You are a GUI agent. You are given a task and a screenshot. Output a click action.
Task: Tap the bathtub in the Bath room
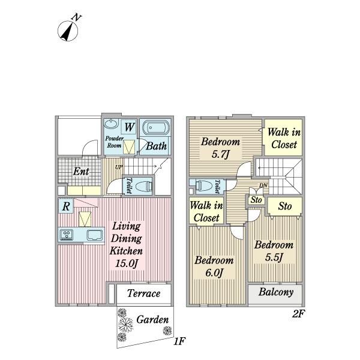[156, 128]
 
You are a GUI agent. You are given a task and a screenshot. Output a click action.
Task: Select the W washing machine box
[129, 127]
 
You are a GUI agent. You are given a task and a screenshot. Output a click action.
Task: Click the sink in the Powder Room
[112, 124]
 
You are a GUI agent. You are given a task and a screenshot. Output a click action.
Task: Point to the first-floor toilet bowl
[144, 186]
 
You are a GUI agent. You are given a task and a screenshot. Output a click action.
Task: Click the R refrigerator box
[65, 206]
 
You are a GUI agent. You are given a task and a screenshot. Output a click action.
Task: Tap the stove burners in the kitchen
[67, 235]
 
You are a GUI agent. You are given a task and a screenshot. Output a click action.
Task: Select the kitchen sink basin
[95, 235]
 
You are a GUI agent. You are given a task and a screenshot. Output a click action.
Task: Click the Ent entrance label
[81, 171]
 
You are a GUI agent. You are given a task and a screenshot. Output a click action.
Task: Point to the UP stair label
[119, 167]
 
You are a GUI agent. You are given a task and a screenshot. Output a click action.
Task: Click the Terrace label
[144, 293]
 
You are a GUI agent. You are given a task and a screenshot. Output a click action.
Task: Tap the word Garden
[152, 320]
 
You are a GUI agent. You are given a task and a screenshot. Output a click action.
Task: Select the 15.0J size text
[127, 263]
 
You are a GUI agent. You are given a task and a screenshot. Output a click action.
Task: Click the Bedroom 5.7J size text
[221, 154]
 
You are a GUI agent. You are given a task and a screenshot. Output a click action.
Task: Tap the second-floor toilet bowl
[204, 185]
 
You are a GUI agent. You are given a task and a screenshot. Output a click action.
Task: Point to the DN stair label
[263, 185]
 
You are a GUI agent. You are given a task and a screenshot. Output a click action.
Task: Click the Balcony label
[276, 292]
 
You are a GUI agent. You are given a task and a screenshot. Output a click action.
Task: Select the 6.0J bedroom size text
[214, 273]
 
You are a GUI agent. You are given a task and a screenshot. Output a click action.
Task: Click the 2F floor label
[298, 314]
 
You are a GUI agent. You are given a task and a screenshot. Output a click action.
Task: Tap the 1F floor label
[179, 341]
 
